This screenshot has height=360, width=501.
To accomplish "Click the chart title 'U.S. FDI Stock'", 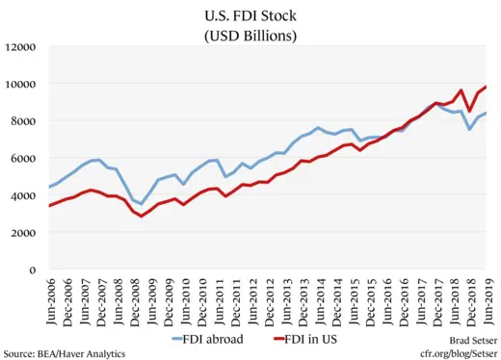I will coord(250,15).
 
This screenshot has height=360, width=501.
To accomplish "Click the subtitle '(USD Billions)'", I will coord(250,36).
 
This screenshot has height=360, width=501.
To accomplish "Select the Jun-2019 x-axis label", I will coord(486,299).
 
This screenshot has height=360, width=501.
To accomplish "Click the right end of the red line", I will coord(486,87).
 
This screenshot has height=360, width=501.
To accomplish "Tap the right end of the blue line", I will coord(486,113).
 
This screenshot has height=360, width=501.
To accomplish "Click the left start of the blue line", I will coord(49,187).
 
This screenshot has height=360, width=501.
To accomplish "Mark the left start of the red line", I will coord(49,206).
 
